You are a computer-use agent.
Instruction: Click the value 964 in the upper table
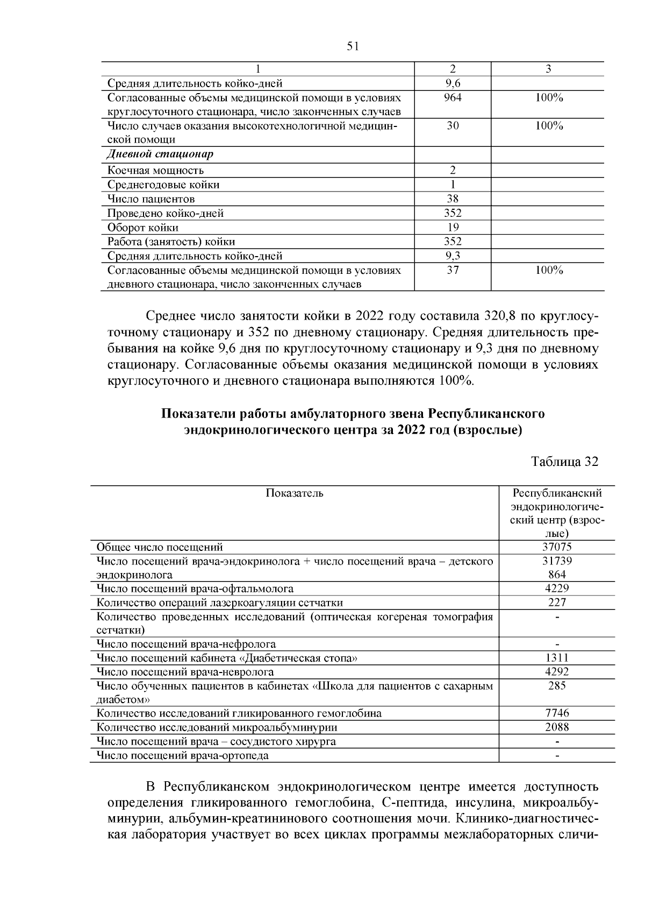click(x=453, y=98)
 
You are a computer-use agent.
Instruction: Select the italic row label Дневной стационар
click(x=160, y=154)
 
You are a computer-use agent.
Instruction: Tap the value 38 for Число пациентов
click(x=453, y=199)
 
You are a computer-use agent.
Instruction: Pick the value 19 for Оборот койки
click(x=453, y=228)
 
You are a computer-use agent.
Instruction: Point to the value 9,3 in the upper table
click(x=453, y=256)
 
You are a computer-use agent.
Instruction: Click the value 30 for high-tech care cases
click(x=453, y=126)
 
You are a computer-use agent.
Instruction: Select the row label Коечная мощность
click(x=155, y=171)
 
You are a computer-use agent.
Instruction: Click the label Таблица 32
click(x=564, y=462)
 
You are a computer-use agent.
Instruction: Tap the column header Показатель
click(x=295, y=493)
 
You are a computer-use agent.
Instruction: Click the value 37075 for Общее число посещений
click(x=557, y=547)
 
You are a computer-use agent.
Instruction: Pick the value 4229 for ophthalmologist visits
click(x=557, y=589)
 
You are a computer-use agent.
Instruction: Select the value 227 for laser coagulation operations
click(x=557, y=603)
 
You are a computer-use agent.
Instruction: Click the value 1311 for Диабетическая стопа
click(x=557, y=658)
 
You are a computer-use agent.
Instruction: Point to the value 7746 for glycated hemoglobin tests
click(x=557, y=713)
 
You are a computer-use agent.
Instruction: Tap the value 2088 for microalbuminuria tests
click(x=557, y=727)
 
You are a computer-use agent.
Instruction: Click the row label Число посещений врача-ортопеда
click(x=182, y=755)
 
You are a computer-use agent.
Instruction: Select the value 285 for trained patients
click(x=557, y=686)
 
